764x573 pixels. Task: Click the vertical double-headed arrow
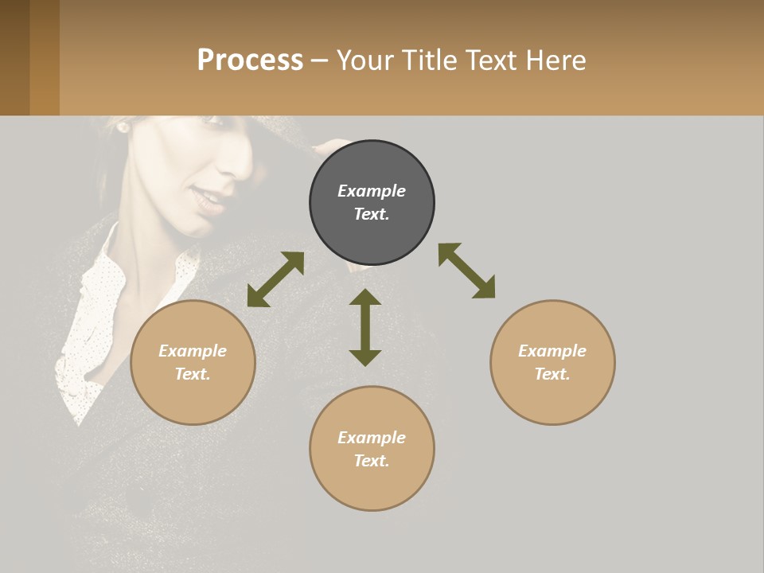click(x=365, y=327)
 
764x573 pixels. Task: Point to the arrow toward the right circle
click(x=466, y=271)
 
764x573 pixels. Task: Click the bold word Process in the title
click(x=250, y=60)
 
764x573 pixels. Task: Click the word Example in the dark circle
click(x=372, y=191)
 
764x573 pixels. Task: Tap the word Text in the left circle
click(x=193, y=374)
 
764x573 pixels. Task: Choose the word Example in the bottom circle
click(x=372, y=438)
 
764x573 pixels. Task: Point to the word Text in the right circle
click(x=552, y=374)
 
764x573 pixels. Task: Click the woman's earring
click(x=123, y=127)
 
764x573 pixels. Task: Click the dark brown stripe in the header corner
click(x=14, y=57)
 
